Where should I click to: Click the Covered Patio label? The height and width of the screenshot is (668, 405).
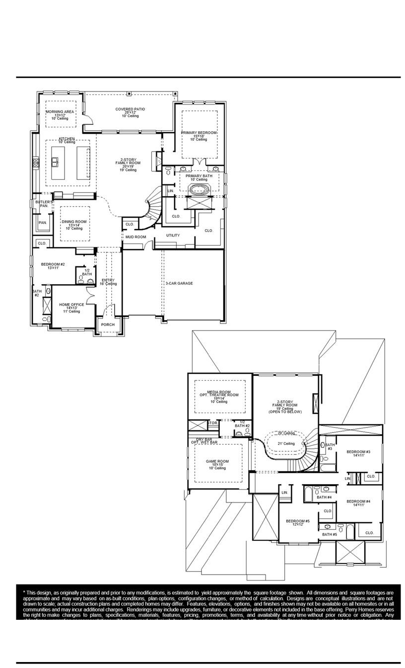[130, 109]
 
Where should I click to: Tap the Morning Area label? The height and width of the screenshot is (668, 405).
[60, 112]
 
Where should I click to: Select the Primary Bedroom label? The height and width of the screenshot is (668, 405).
[199, 133]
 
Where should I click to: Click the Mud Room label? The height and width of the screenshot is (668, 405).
[135, 237]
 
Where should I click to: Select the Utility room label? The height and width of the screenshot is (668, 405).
[173, 235]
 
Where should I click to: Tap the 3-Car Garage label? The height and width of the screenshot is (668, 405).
[179, 283]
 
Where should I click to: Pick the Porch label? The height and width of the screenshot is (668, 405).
[108, 325]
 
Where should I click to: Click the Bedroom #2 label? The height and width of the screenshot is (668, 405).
[53, 264]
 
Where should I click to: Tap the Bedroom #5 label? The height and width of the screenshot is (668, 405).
[298, 521]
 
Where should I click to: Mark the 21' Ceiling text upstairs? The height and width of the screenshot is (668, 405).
[286, 443]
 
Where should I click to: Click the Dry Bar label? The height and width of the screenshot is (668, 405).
[204, 439]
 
